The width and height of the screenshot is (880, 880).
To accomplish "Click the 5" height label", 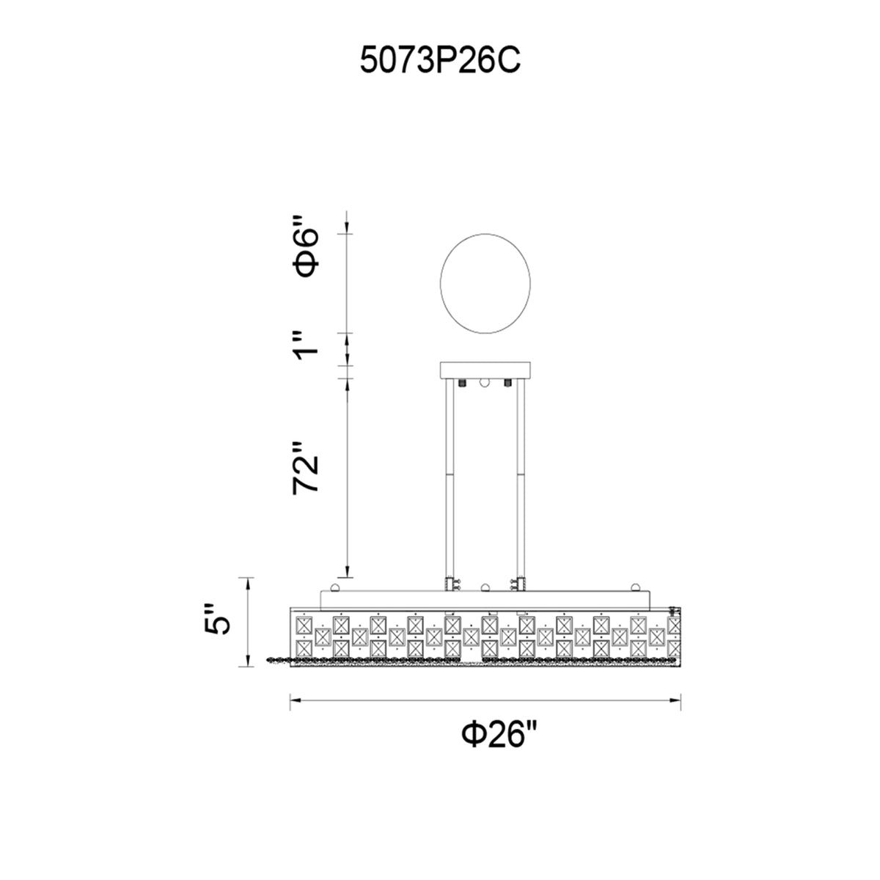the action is [x=217, y=619].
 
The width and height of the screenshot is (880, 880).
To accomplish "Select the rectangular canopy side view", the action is [x=485, y=370].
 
